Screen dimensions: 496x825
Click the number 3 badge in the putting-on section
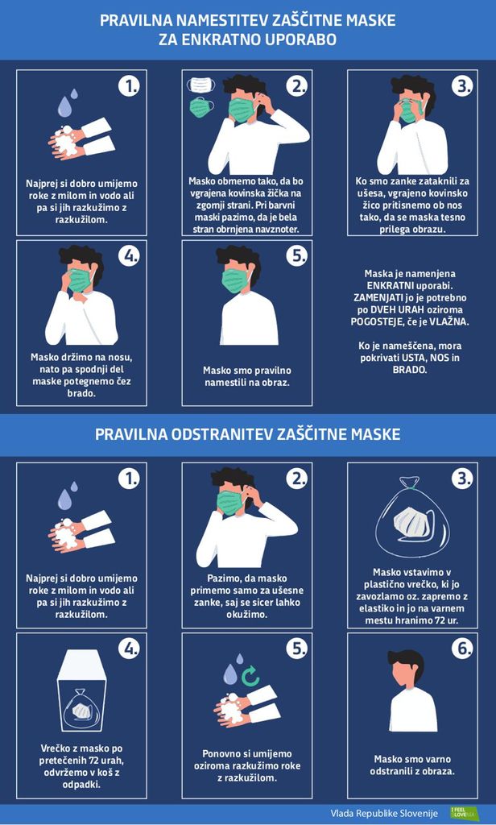[x=462, y=85]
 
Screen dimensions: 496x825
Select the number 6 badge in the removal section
[x=462, y=649]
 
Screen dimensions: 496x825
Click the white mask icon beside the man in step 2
[x=201, y=85]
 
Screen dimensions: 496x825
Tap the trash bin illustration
[x=81, y=690]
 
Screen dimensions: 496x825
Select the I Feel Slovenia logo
[x=465, y=812]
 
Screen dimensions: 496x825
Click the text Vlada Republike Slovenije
[x=384, y=813]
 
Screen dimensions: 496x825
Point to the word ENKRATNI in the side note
[x=390, y=286]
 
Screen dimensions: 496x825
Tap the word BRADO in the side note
[x=410, y=370]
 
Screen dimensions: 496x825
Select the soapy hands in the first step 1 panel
[x=68, y=143]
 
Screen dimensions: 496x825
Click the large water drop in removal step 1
[x=64, y=106]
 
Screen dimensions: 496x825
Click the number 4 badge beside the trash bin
[x=129, y=649]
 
